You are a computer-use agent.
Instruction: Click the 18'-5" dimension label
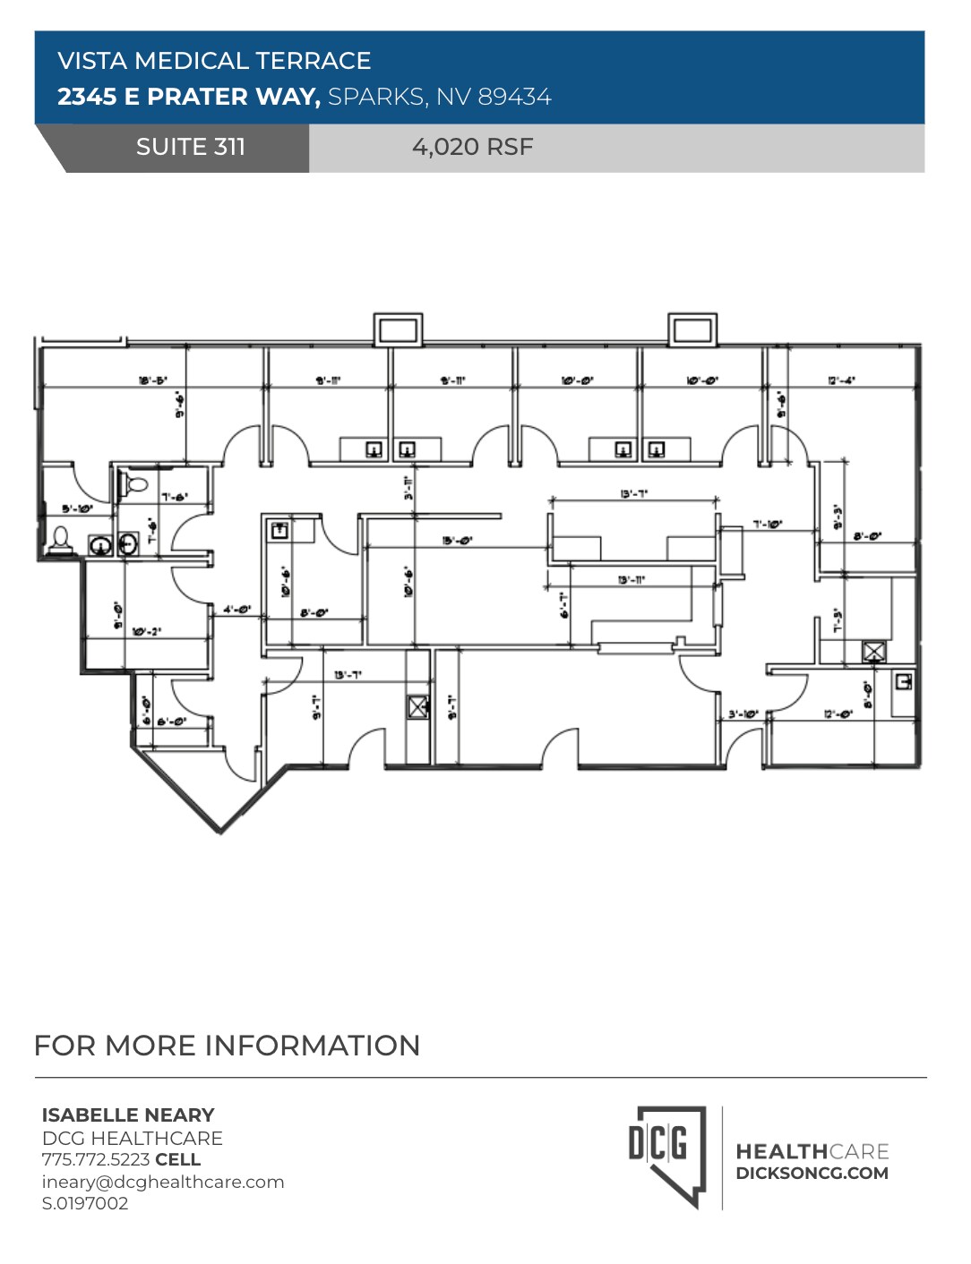tap(153, 380)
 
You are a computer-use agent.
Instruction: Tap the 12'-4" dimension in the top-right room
tap(841, 380)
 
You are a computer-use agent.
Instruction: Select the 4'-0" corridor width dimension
tap(237, 610)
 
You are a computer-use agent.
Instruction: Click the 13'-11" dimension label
tap(632, 580)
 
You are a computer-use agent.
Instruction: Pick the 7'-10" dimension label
tap(768, 525)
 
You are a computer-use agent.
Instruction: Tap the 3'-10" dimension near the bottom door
tap(743, 713)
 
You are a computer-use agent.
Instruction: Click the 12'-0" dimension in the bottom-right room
tap(838, 713)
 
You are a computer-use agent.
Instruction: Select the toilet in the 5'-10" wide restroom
tap(61, 539)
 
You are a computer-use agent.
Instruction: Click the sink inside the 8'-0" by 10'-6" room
tap(279, 530)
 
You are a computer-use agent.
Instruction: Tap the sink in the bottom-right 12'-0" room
tap(903, 682)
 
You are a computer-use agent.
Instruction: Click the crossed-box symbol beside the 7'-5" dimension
tap(873, 651)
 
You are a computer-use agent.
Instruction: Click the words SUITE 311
tap(191, 147)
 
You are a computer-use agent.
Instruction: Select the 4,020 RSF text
tap(472, 147)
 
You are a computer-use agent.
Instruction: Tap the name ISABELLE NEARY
tap(128, 1115)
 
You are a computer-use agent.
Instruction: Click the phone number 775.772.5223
tap(96, 1159)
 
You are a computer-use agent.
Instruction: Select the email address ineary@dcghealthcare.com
tap(163, 1182)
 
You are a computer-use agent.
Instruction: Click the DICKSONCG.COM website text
tap(812, 1174)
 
